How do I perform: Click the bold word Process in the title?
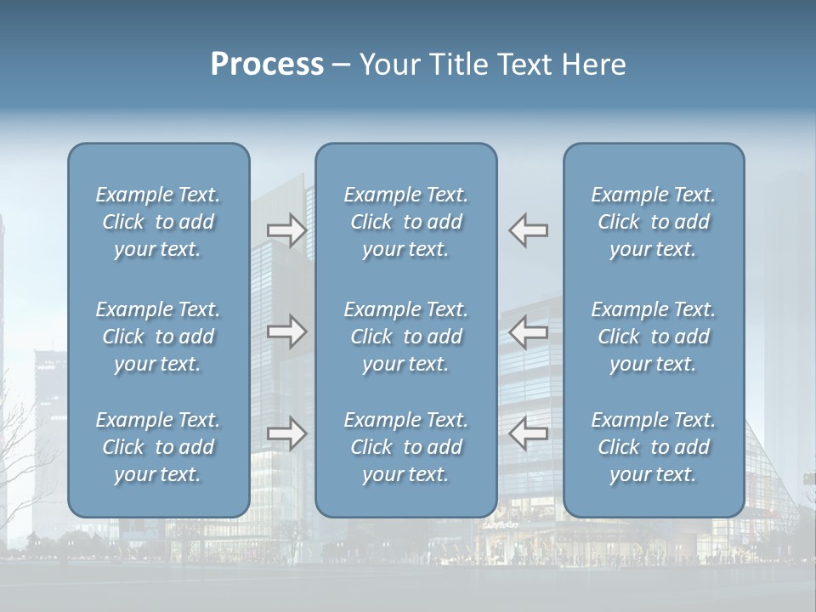point(267,65)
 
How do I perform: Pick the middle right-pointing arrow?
point(286,331)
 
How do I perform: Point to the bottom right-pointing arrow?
point(286,433)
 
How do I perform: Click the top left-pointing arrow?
point(529,230)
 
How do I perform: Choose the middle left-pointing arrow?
point(529,331)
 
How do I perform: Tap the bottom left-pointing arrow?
point(529,433)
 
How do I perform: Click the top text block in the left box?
point(158,222)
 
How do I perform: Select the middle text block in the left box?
point(158,337)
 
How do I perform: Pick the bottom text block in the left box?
point(158,447)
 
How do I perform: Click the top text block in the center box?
point(406,222)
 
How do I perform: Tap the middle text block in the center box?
point(406,337)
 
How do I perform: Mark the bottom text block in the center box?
point(406,447)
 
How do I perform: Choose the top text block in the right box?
point(654,222)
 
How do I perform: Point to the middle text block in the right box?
point(654,337)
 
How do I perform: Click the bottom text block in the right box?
point(654,447)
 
